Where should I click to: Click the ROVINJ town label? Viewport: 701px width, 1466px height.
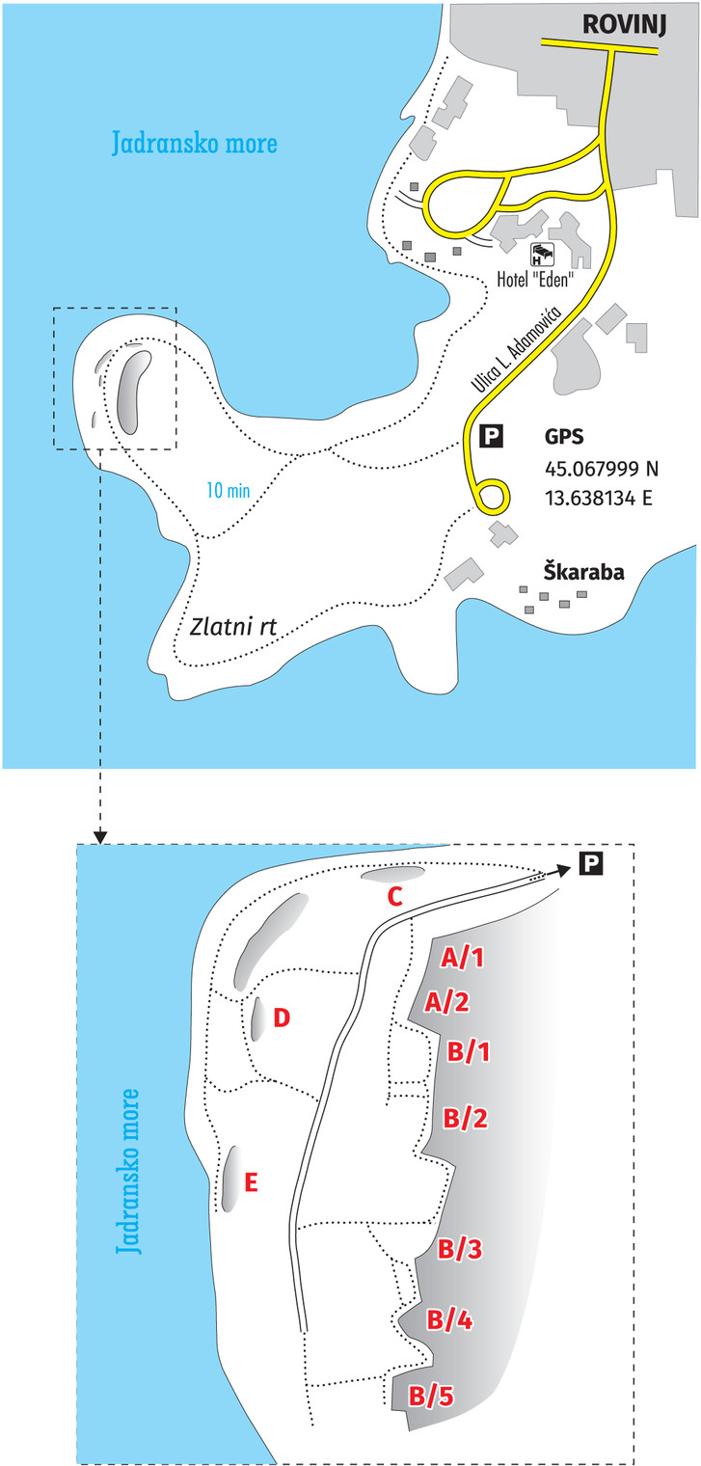pos(624,22)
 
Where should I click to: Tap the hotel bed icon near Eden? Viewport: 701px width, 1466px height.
pos(542,255)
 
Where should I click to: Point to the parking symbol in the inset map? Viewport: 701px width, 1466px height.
pos(590,863)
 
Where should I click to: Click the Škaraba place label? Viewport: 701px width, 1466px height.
pos(582,571)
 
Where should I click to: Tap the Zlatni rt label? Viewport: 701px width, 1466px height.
pos(233,627)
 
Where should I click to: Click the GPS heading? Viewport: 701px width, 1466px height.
pos(562,437)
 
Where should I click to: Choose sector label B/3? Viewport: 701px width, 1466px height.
pos(460,1249)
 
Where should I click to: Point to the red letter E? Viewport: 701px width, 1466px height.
pos(251,1182)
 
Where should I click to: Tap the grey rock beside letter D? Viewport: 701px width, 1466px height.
pos(257,1018)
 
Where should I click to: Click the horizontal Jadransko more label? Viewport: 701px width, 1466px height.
pos(194,144)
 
